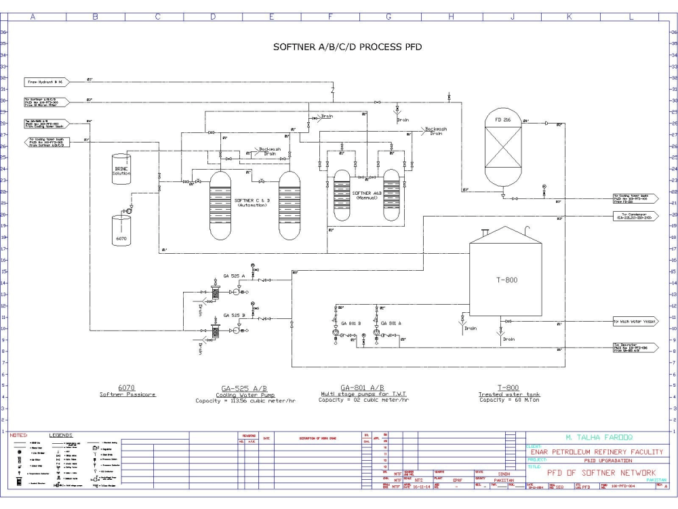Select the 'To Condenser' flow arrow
coord(635,216)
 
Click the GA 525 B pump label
coord(234,316)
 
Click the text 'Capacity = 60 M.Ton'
coord(509,400)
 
